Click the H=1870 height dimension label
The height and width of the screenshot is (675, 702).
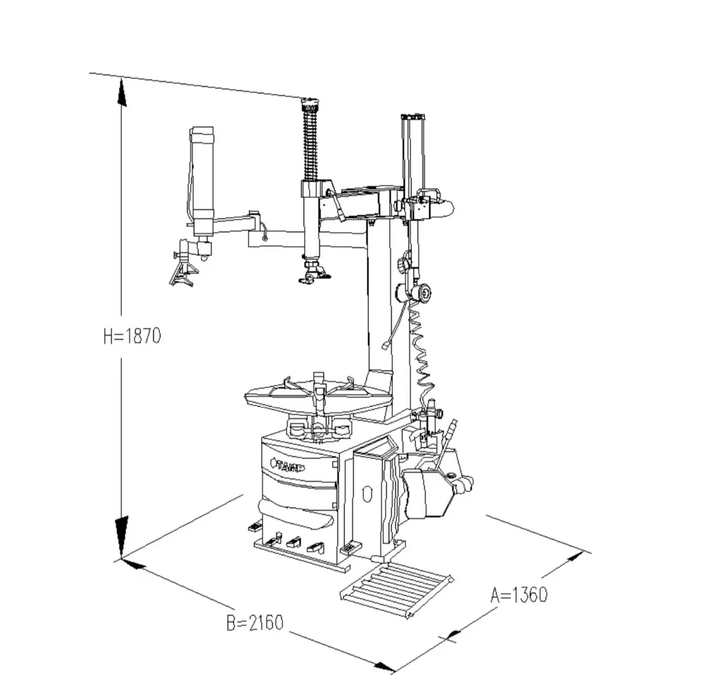132,336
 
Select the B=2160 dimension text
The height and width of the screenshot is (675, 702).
254,622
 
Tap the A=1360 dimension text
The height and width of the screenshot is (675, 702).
519,595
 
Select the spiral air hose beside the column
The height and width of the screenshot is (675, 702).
420,350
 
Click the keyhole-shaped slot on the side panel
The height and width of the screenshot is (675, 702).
365,494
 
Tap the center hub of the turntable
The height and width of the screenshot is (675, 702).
318,393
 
